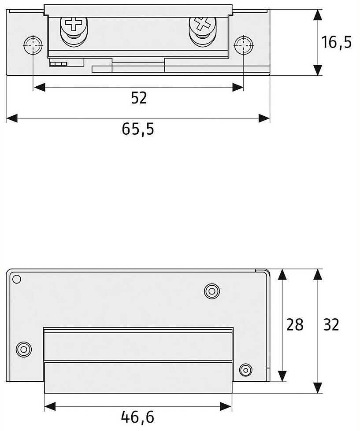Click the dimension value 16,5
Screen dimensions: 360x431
[x=336, y=43]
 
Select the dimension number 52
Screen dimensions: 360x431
[x=139, y=98]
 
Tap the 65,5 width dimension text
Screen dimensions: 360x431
[x=138, y=129]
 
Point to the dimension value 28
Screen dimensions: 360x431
[x=295, y=325]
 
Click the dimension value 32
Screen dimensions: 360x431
[x=331, y=325]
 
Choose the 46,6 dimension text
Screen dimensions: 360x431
[x=137, y=416]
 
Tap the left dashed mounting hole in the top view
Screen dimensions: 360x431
[x=32, y=44]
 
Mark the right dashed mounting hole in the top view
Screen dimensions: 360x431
[x=243, y=44]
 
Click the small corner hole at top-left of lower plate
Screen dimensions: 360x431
[x=17, y=279]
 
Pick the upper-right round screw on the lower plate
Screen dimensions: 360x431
[x=212, y=291]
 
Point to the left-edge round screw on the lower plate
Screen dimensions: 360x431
[x=23, y=350]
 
